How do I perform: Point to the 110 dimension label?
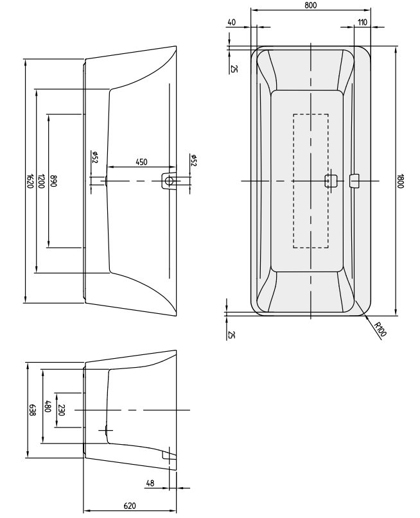point(363,22)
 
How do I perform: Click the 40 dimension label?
point(231,22)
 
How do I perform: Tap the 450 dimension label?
point(142,162)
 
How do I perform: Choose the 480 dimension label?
point(46,406)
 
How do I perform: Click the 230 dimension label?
point(60,409)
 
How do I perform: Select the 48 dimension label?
point(150,483)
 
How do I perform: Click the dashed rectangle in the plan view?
point(311,128)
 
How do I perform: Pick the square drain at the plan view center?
point(331,180)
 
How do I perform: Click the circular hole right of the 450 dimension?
point(170,181)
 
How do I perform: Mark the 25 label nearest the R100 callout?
point(231,334)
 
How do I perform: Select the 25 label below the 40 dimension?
point(231,68)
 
